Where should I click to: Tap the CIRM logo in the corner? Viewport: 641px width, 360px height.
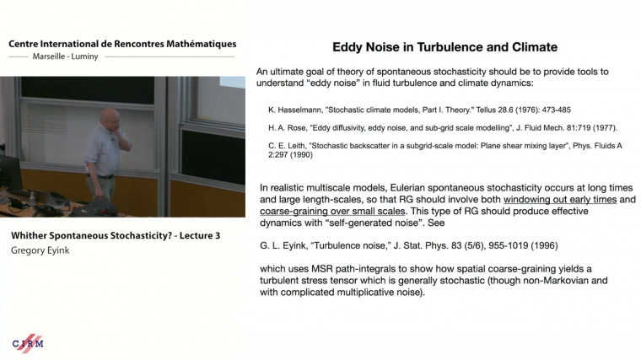click(x=28, y=342)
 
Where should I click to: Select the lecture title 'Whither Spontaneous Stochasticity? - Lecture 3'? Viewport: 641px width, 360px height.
click(x=115, y=235)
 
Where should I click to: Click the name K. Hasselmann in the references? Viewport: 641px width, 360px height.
click(x=294, y=109)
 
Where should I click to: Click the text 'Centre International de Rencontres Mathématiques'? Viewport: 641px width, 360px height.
click(x=122, y=44)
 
